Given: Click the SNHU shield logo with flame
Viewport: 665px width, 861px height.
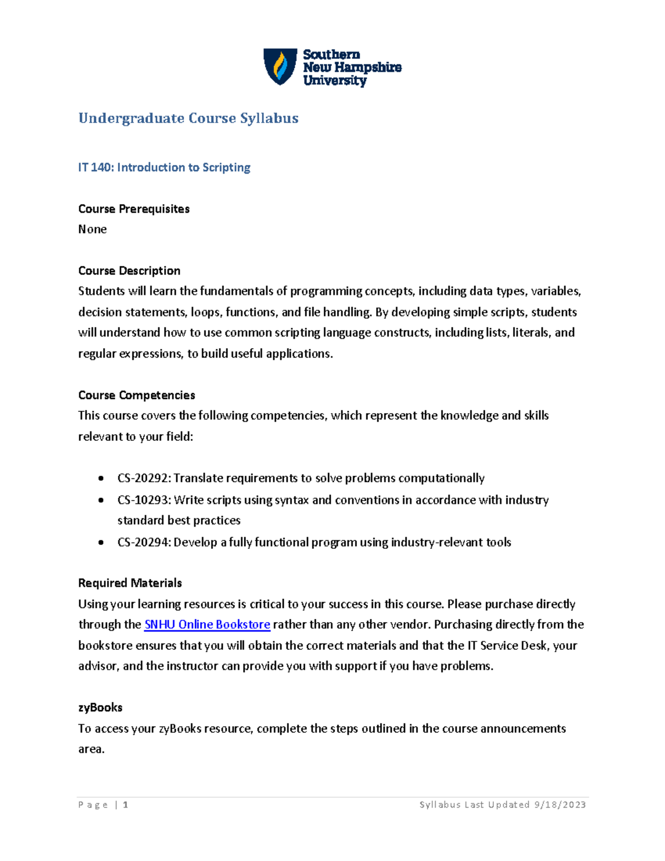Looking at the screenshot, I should point(280,67).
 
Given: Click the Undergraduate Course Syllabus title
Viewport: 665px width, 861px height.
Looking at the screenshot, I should point(188,118).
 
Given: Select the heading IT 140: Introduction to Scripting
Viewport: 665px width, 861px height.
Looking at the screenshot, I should point(164,167).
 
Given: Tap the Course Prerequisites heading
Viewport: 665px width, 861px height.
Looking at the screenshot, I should point(134,209).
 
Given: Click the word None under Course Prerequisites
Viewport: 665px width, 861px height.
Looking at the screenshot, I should point(93,230).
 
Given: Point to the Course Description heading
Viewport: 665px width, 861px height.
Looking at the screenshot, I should point(129,271).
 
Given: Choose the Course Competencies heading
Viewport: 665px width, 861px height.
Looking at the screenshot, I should point(136,395).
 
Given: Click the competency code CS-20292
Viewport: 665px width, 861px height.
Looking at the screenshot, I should point(144,478).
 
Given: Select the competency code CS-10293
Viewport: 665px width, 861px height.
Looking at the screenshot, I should point(144,500).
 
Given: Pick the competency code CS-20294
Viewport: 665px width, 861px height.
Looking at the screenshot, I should point(144,542).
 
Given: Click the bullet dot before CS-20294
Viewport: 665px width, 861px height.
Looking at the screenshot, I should point(101,543).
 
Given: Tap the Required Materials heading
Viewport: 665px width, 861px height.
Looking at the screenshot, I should point(130,583).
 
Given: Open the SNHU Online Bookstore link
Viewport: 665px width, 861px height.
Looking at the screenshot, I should point(207,625).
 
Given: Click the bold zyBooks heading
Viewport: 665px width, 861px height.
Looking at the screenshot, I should point(100,708).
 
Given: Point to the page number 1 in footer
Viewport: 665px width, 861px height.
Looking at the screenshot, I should point(126,805).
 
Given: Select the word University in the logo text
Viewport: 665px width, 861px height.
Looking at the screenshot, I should point(334,80).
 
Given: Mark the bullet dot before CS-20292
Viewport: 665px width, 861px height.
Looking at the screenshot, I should point(101,478).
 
